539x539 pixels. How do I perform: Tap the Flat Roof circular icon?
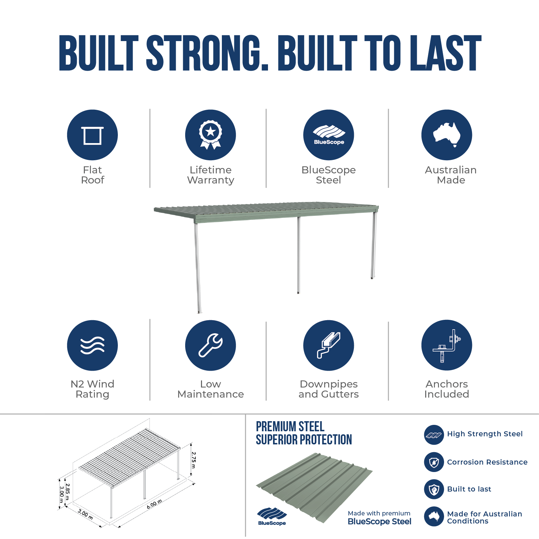click(x=92, y=135)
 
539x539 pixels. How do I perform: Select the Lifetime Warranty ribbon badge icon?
click(x=210, y=135)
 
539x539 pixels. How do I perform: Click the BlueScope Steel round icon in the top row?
click(x=329, y=135)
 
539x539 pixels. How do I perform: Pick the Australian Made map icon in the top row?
click(x=447, y=135)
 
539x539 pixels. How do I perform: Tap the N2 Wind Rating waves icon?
click(x=92, y=345)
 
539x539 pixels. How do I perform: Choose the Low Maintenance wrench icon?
click(x=210, y=345)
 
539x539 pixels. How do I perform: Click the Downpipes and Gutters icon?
click(x=329, y=345)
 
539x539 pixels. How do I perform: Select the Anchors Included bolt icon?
click(x=447, y=345)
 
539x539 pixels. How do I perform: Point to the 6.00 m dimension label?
click(x=155, y=504)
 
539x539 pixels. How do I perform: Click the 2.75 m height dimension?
click(x=193, y=460)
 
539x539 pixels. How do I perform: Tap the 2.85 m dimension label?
click(x=68, y=492)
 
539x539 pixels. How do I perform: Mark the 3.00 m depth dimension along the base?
click(x=85, y=514)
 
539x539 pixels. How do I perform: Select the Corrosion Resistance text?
click(x=487, y=462)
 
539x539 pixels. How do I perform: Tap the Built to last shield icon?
click(x=434, y=489)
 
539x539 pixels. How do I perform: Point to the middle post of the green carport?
click(x=298, y=255)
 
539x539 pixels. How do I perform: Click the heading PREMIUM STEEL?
click(x=290, y=427)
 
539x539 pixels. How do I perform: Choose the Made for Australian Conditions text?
click(x=484, y=517)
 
